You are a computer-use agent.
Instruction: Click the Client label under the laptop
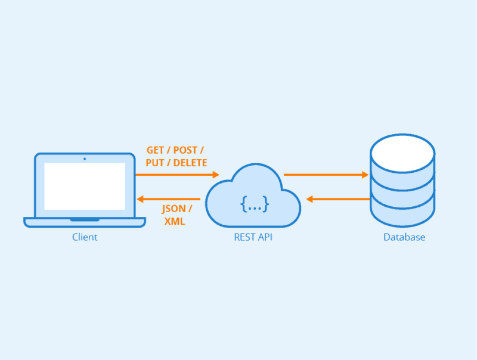(85, 237)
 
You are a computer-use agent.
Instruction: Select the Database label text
(404, 237)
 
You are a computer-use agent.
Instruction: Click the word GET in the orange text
(156, 150)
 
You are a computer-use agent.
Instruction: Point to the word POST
(186, 150)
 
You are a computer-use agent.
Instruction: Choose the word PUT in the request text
(156, 163)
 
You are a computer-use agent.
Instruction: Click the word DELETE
(190, 163)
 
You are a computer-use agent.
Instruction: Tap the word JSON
(174, 209)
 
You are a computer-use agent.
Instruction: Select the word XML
(175, 221)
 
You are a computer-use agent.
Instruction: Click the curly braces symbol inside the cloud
(255, 205)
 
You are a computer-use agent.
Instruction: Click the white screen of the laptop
(85, 186)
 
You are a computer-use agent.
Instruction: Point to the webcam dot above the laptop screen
(85, 159)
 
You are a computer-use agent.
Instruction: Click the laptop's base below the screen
(85, 222)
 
